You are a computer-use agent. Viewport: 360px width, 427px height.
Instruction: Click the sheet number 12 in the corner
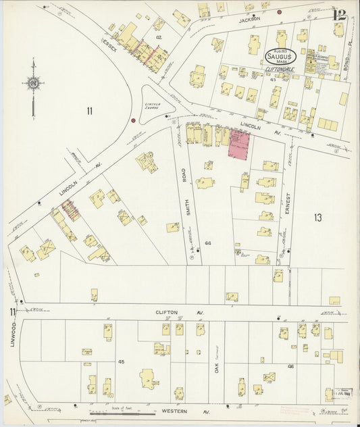point(339,14)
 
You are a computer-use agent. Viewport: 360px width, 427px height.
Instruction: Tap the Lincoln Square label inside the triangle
point(157,105)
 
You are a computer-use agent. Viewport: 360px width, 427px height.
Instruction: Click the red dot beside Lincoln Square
point(134,121)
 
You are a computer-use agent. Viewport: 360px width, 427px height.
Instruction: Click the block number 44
point(207,243)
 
